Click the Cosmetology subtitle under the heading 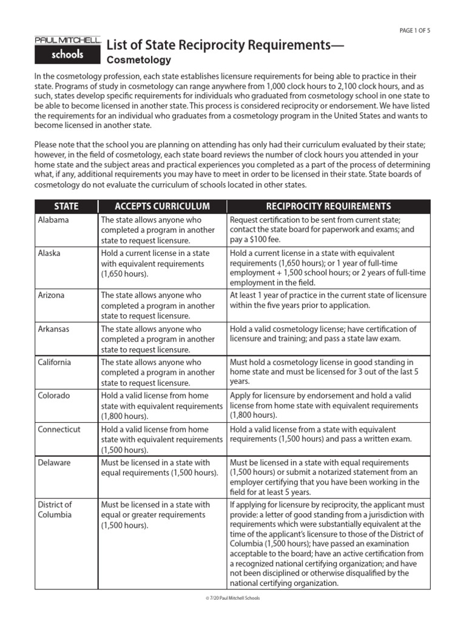coord(139,60)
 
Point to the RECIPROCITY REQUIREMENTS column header coord(328,206)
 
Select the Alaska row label coord(49,253)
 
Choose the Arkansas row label coord(53,329)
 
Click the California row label coord(54,362)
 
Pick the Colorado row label coord(53,395)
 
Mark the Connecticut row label coord(58,429)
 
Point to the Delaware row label coord(54,462)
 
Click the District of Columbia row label coord(55,509)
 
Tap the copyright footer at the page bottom coord(233,599)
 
